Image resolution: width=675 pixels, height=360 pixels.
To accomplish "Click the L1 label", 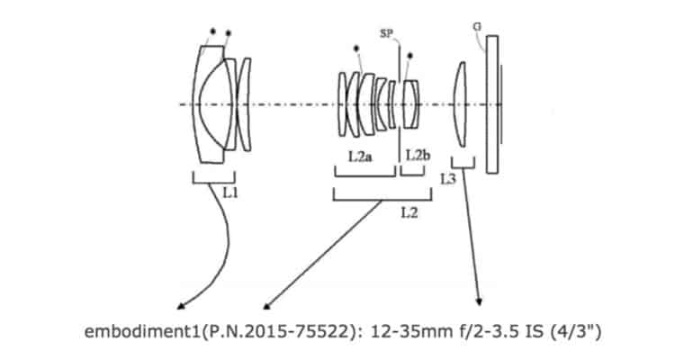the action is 230,193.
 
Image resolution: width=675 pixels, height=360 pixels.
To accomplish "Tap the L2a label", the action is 360,157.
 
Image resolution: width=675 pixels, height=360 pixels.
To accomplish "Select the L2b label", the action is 418,156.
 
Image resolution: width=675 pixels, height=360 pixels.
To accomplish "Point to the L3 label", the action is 447,179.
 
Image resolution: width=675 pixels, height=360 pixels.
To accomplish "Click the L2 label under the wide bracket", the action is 409,212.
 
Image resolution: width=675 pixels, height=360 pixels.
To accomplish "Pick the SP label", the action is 386,33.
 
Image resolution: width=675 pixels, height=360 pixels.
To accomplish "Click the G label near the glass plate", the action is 477,27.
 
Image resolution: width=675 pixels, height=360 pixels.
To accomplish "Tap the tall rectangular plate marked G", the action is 492,104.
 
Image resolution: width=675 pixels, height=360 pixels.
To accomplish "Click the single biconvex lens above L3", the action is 460,104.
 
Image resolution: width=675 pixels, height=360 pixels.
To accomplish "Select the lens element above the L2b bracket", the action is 410,104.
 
